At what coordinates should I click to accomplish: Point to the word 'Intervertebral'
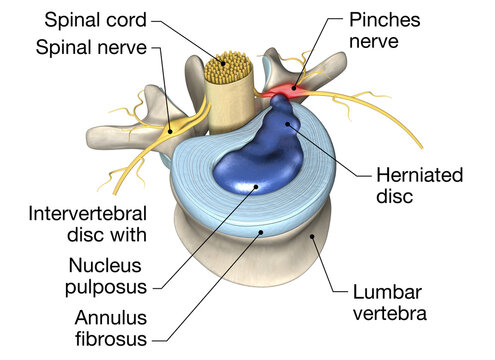88,214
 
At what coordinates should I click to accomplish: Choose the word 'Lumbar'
388,292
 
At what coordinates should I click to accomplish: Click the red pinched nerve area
284,93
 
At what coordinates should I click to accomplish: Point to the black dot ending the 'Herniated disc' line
289,125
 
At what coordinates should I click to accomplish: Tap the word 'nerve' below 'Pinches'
375,41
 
